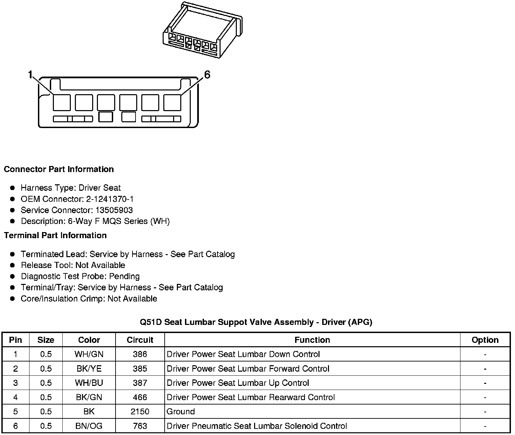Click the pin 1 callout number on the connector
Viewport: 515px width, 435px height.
point(30,75)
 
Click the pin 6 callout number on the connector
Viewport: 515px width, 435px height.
point(207,75)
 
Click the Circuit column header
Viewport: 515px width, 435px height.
point(140,340)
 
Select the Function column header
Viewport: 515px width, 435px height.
point(312,340)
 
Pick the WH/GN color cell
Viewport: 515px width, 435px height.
point(89,354)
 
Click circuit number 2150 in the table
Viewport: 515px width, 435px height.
point(140,412)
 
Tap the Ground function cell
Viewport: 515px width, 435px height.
point(181,412)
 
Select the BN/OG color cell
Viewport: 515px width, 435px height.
point(89,426)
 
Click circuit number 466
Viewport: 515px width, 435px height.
point(140,397)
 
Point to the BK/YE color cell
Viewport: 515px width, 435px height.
point(89,369)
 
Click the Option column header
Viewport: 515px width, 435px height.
point(485,340)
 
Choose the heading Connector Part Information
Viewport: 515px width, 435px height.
point(59,169)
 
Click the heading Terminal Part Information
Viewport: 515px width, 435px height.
point(55,235)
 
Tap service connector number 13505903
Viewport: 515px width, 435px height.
point(114,210)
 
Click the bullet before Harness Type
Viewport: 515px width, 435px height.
point(13,188)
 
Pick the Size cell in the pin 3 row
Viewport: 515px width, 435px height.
point(46,383)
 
